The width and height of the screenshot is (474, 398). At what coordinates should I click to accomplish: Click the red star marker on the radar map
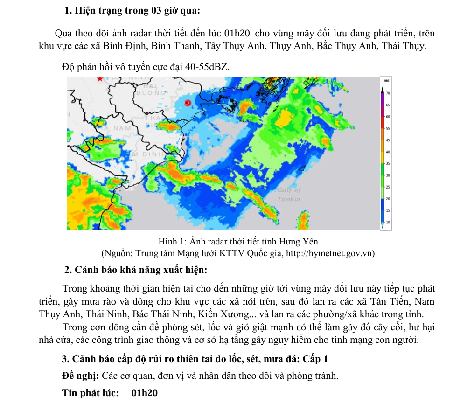tap(99, 79)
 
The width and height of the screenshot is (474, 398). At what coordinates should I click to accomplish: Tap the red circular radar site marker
tap(188, 103)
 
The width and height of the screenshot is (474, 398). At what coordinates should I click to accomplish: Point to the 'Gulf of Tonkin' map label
tap(289, 195)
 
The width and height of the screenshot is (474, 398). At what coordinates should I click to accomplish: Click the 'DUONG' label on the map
tap(150, 93)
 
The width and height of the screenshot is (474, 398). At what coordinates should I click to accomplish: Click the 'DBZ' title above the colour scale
tap(386, 81)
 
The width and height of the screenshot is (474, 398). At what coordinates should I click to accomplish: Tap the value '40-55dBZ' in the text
tap(207, 67)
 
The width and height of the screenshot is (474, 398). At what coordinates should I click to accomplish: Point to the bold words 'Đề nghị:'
tap(80, 376)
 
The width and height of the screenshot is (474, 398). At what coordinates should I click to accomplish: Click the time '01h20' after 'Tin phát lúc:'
tap(145, 393)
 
